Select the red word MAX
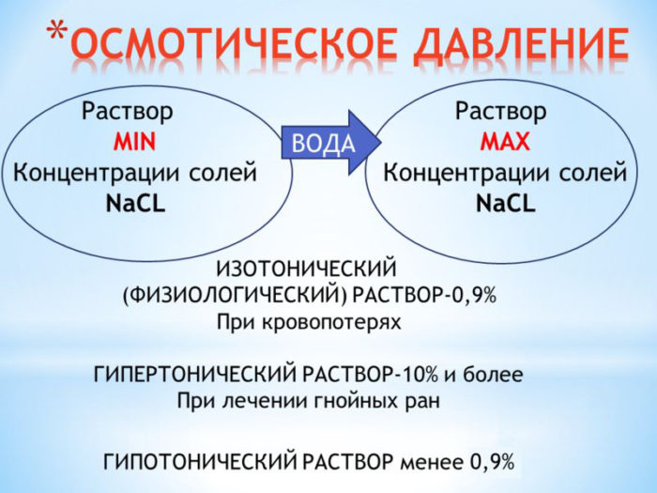pos(501,143)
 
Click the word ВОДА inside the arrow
pos(324,143)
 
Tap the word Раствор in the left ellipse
pos(128,112)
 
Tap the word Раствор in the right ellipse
pos(500,112)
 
